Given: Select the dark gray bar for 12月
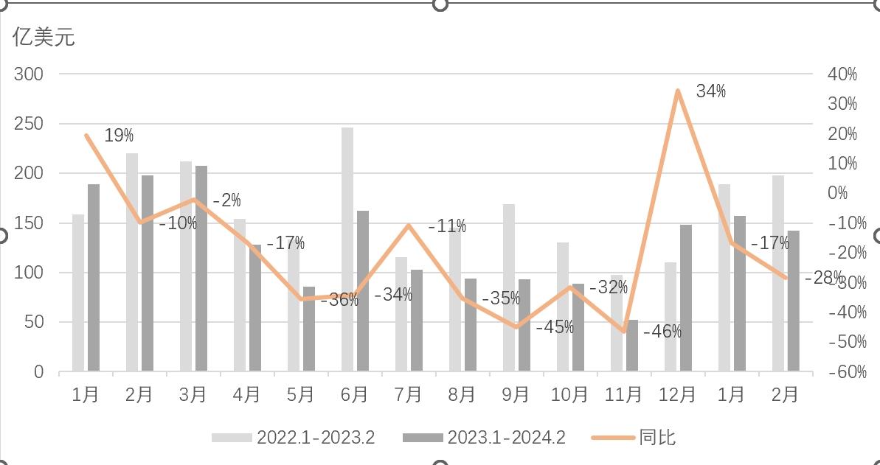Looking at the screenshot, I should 686,298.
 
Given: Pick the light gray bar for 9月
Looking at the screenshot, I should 509,287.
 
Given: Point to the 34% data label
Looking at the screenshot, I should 710,91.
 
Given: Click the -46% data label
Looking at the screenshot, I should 662,332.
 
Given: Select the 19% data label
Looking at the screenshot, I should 119,136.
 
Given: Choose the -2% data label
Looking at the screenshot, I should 226,200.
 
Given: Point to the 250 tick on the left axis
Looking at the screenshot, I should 29,124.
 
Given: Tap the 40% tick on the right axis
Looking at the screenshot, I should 842,74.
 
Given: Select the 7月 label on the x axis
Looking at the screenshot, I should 408,395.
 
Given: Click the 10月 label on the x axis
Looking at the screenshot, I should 569,395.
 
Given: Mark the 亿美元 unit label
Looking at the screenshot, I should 44,38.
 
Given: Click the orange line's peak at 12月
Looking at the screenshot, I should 677,91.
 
